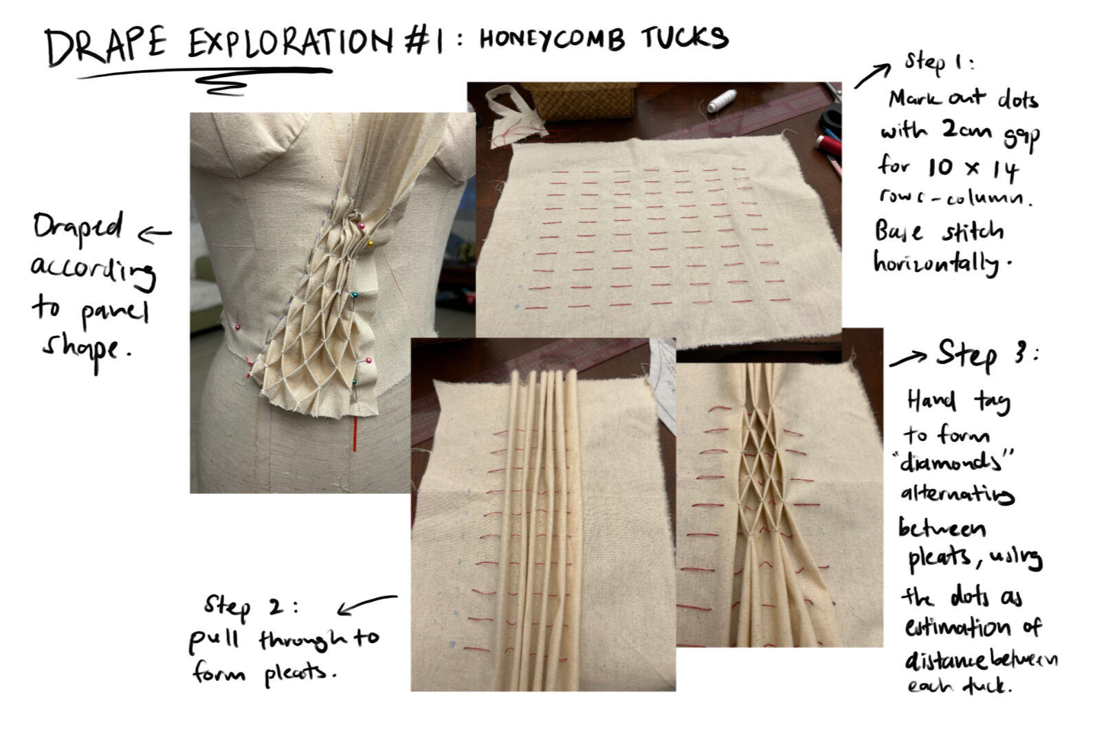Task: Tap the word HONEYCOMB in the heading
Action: (x=552, y=40)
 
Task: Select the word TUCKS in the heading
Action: (x=685, y=38)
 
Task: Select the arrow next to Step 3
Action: (x=907, y=359)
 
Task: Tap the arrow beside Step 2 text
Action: (x=366, y=604)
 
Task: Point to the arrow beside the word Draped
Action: (x=155, y=235)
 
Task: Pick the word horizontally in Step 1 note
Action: (x=936, y=262)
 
